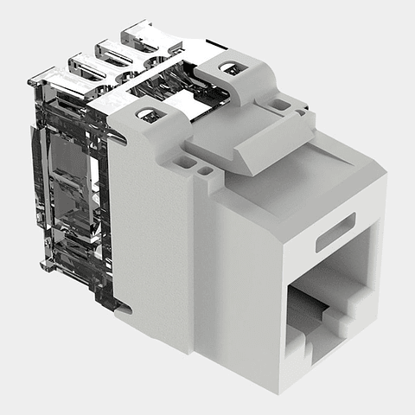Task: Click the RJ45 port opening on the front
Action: pos(333,290)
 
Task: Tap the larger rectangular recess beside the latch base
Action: pos(187,161)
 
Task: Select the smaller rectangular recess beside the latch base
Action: pos(203,170)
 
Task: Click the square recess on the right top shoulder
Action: pos(280,105)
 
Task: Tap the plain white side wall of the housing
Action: pos(151,242)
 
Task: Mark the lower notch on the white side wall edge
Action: pos(121,306)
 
